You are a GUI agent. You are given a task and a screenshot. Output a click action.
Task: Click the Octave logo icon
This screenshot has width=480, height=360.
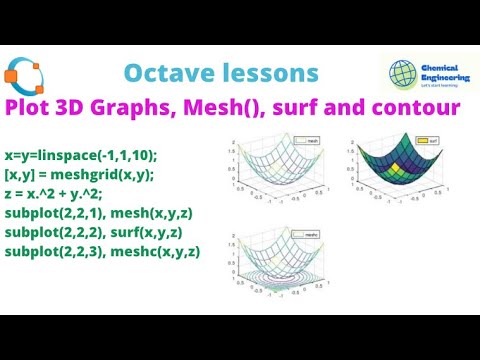(24, 77)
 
